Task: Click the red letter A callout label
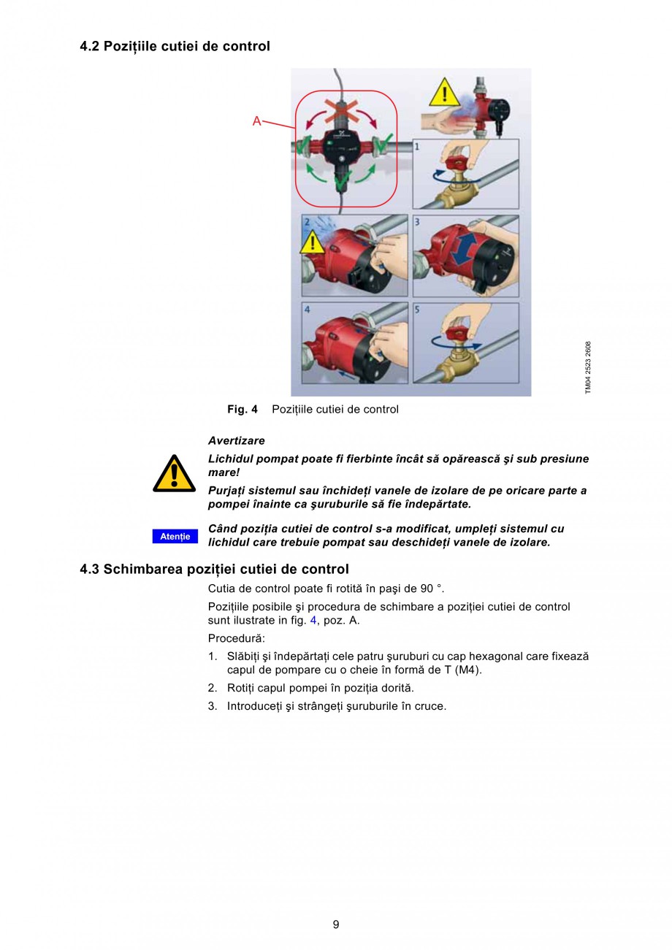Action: tap(256, 121)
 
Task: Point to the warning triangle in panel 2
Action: tap(313, 242)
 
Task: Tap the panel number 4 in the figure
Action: tap(308, 309)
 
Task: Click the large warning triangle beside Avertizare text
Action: tap(174, 474)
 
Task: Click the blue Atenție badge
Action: tap(175, 537)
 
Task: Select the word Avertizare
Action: tap(236, 441)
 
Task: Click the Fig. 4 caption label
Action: tap(242, 410)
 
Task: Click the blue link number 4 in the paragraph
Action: tap(313, 621)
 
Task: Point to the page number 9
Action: tap(336, 924)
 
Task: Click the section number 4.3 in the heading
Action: tap(90, 570)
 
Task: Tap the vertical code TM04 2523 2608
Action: tap(588, 368)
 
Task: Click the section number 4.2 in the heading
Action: tap(90, 47)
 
